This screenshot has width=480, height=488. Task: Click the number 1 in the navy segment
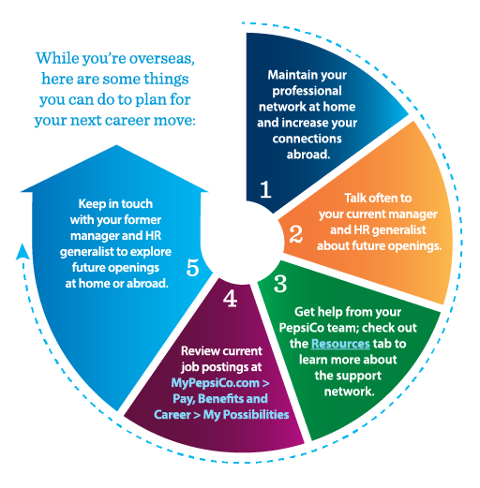click(x=264, y=190)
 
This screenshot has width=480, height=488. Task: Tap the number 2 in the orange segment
click(x=295, y=234)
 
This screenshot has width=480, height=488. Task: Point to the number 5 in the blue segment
click(x=193, y=267)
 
